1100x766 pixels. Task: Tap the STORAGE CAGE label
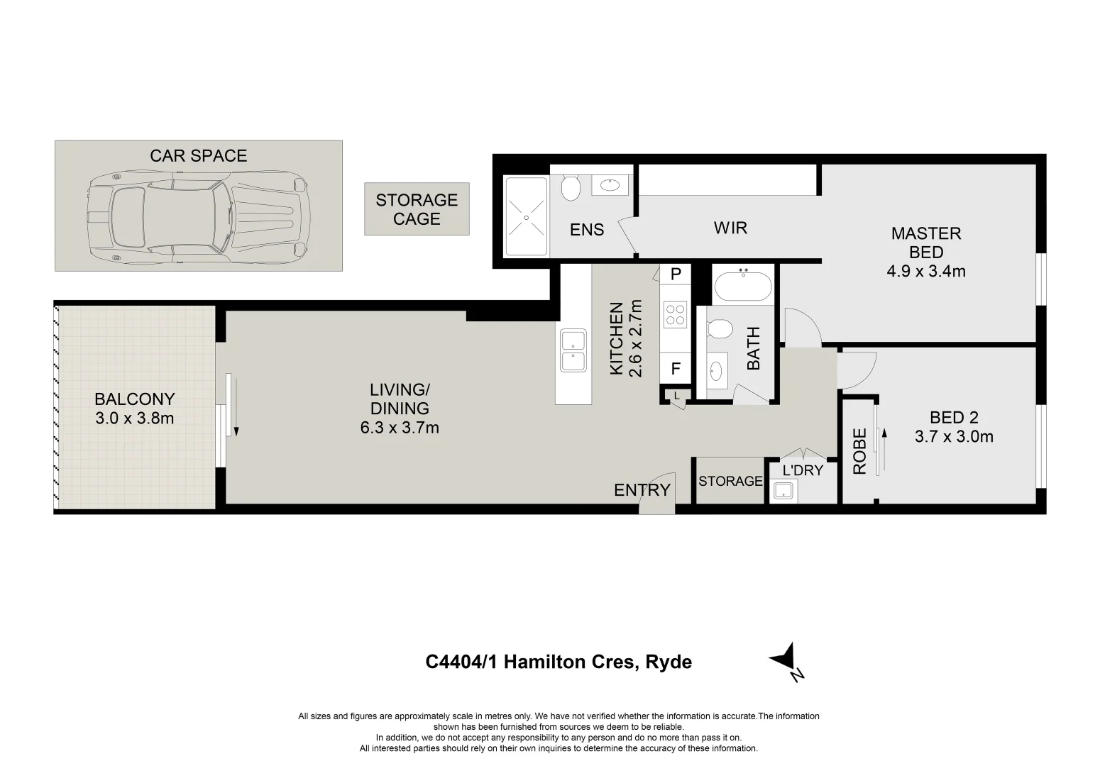coord(417,209)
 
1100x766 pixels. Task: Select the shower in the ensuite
coord(526,216)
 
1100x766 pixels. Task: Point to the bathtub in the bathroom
coord(743,287)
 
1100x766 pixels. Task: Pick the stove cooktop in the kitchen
coord(674,314)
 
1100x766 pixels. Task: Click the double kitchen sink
coord(572,350)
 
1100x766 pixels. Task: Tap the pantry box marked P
coord(676,274)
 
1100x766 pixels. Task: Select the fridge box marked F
coord(676,369)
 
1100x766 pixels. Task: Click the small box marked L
coord(677,396)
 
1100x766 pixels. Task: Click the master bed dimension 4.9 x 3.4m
coord(925,271)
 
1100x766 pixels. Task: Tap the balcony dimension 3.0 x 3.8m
coord(134,418)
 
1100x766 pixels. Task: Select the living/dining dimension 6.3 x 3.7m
coord(399,428)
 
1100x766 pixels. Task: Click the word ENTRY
coord(642,489)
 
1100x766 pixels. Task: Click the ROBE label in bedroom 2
coord(859,451)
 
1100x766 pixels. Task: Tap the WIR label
coord(730,228)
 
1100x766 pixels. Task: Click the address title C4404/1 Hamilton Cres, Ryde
coord(559,662)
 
